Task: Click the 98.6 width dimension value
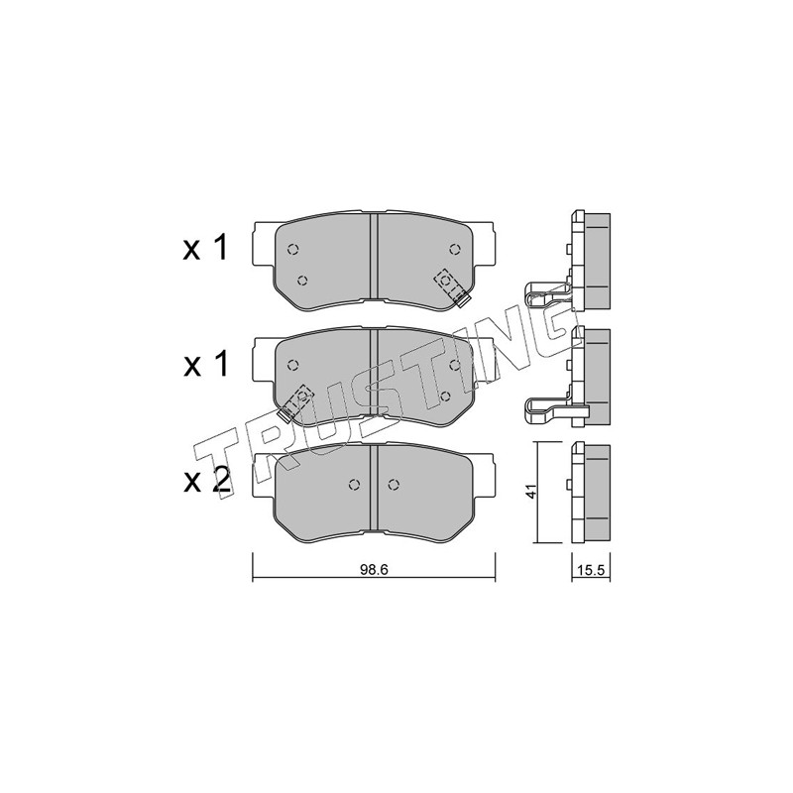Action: [374, 569]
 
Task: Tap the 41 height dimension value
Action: [530, 491]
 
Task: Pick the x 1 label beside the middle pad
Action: [205, 364]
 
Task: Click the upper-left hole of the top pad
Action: [292, 249]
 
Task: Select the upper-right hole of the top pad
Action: [454, 249]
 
